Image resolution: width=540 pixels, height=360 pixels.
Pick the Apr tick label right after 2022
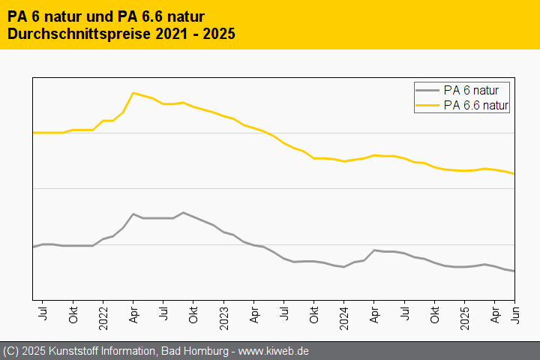[133, 312]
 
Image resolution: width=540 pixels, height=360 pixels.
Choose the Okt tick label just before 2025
[434, 312]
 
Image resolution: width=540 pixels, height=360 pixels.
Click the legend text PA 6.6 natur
[476, 106]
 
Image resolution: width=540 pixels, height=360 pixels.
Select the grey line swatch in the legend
[427, 90]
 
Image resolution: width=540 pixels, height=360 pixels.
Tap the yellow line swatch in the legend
[427, 106]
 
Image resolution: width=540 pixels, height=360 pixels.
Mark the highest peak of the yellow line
[133, 93]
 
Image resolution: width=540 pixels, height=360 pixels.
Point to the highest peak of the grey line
[183, 212]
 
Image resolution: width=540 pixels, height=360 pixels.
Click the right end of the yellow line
[514, 174]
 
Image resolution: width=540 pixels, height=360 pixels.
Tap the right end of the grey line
[514, 271]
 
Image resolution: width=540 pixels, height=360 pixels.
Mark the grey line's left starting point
[33, 247]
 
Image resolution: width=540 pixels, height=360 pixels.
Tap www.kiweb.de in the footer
[274, 351]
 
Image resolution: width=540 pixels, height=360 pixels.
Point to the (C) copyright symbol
[10, 351]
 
